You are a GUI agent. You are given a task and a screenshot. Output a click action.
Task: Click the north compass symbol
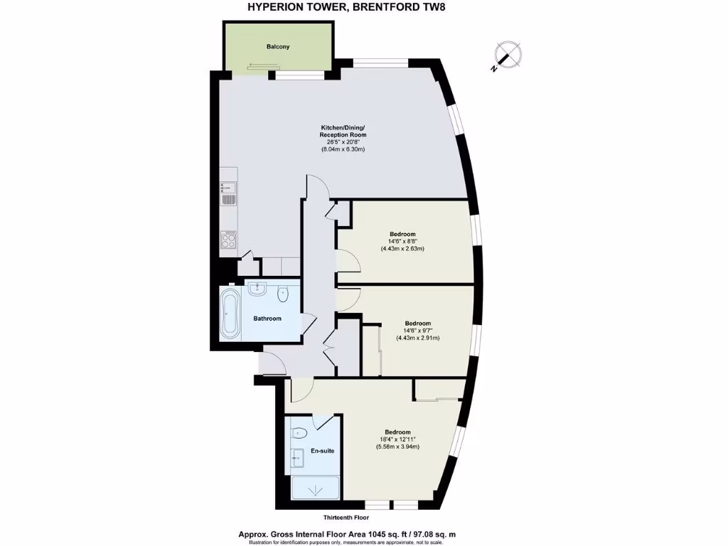508,55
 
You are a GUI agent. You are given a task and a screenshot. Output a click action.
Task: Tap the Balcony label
278,47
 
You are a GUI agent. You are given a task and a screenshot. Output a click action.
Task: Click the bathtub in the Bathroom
230,313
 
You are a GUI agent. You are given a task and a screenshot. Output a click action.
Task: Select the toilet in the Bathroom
284,291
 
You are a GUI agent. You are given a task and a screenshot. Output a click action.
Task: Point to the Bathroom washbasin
259,288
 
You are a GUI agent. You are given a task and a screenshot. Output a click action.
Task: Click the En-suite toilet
299,432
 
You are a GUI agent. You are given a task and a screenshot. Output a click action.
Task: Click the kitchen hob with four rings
229,240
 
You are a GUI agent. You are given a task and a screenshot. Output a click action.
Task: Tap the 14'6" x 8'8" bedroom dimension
402,242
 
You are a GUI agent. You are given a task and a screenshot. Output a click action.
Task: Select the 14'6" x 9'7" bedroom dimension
417,331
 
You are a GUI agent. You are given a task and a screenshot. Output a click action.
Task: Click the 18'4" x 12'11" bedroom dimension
398,439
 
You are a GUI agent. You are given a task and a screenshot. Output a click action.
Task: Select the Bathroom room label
267,318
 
